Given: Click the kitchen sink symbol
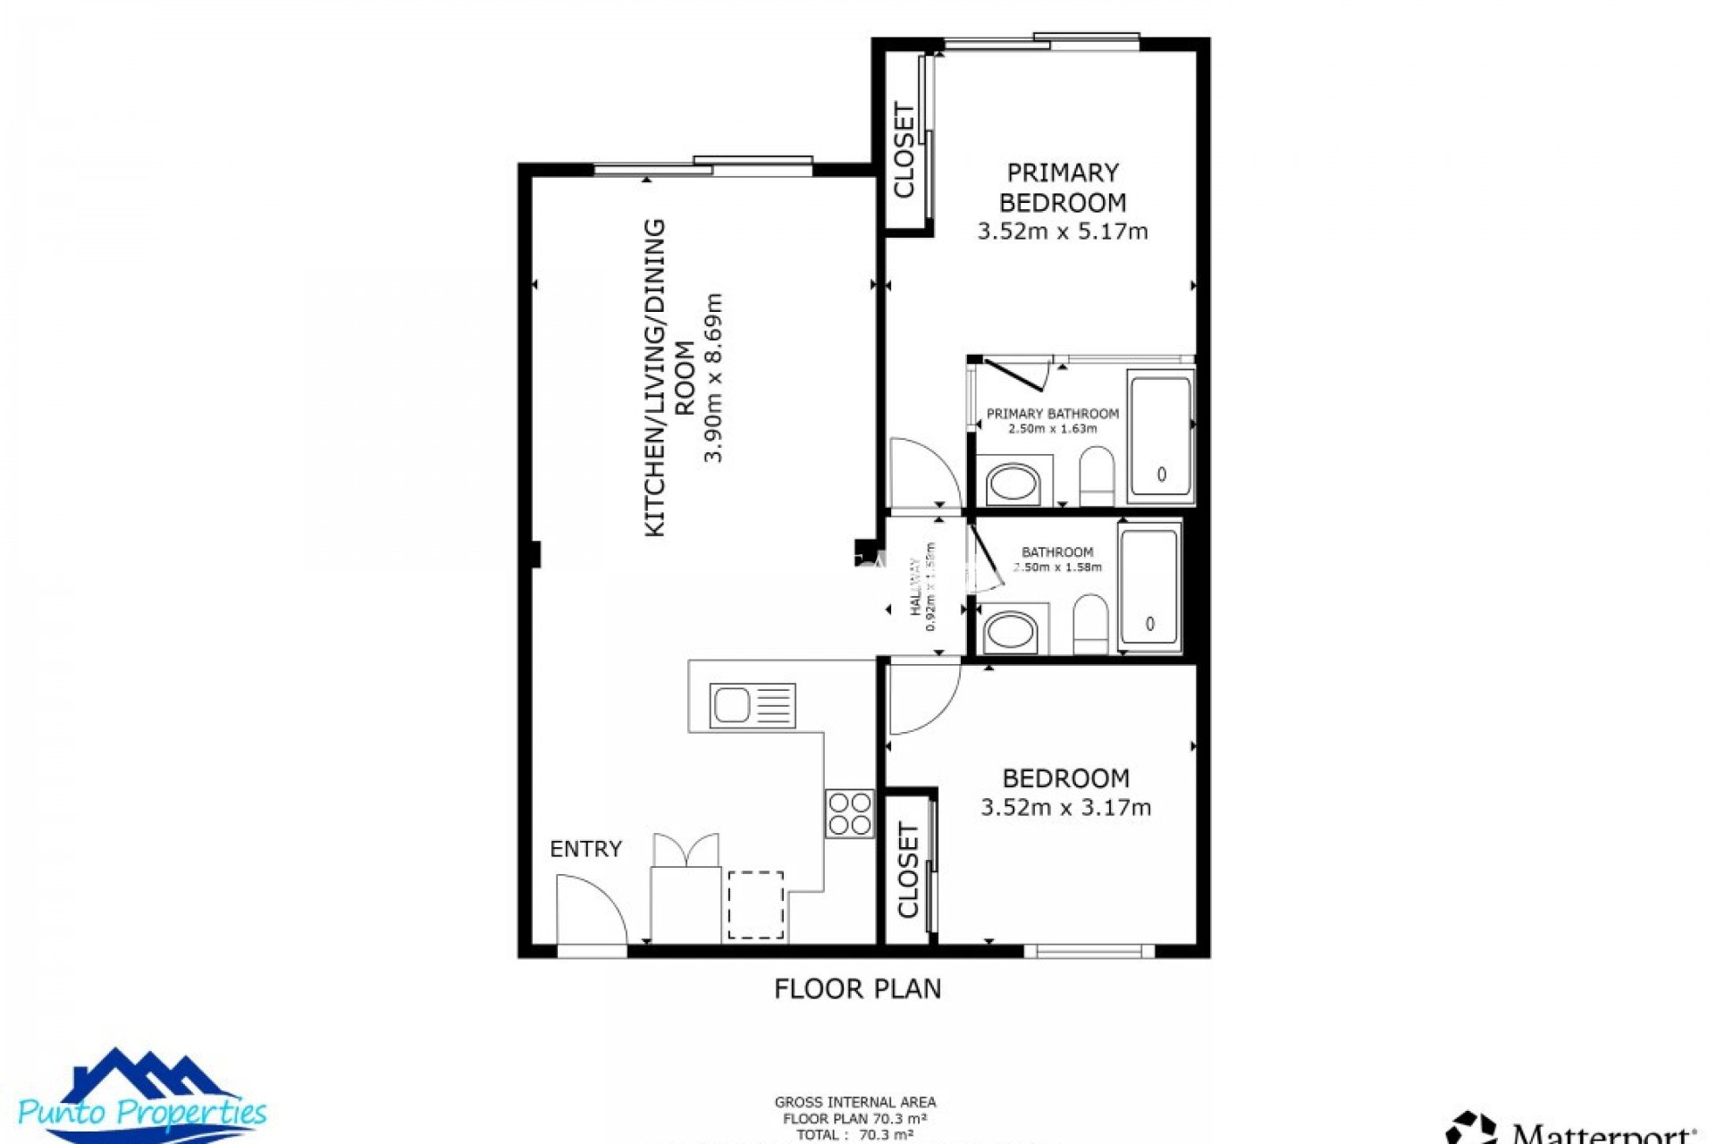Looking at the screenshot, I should pyautogui.click(x=752, y=706).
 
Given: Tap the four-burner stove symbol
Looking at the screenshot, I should pyautogui.click(x=849, y=813).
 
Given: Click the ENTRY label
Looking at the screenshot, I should pyautogui.click(x=585, y=849).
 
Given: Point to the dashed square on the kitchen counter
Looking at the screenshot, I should pyautogui.click(x=755, y=905).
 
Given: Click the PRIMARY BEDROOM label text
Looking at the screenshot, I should pyautogui.click(x=1062, y=188).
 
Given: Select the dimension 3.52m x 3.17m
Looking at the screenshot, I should pyautogui.click(x=1065, y=808).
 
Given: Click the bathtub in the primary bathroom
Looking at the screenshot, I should pyautogui.click(x=1160, y=437).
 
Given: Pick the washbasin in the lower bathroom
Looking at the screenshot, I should pyautogui.click(x=1010, y=631).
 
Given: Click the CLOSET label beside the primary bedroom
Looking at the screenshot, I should pyautogui.click(x=904, y=150).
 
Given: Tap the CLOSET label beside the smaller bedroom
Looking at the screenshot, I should pyautogui.click(x=907, y=871).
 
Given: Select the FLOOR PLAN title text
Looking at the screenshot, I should pyautogui.click(x=857, y=988).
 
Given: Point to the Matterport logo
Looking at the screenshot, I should pyautogui.click(x=1573, y=1128).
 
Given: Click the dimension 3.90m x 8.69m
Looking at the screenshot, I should pyautogui.click(x=713, y=377).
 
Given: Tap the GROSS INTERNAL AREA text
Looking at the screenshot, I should pyautogui.click(x=854, y=1102).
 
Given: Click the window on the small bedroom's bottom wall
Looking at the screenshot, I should pyautogui.click(x=1088, y=951).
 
